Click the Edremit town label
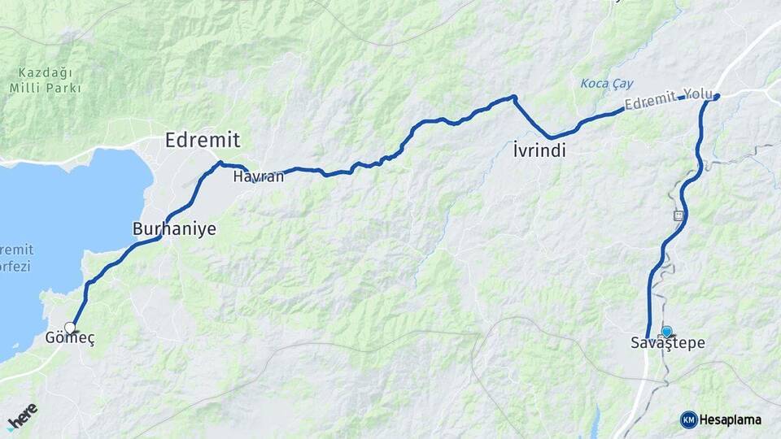[x=203, y=140]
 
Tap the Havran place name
[x=258, y=176]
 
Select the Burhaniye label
[x=174, y=229]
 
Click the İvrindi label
[x=539, y=151]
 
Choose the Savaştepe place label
[x=668, y=344]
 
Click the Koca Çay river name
[x=606, y=84]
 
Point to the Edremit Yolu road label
[x=668, y=101]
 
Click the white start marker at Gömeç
[x=70, y=328]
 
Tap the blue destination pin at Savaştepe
[x=667, y=332]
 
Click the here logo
[x=22, y=415]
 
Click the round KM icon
[x=689, y=419]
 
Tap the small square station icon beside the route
[x=678, y=215]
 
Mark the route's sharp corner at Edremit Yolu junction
[x=717, y=97]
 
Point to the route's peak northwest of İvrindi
[x=514, y=98]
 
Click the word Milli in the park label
[x=27, y=88]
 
